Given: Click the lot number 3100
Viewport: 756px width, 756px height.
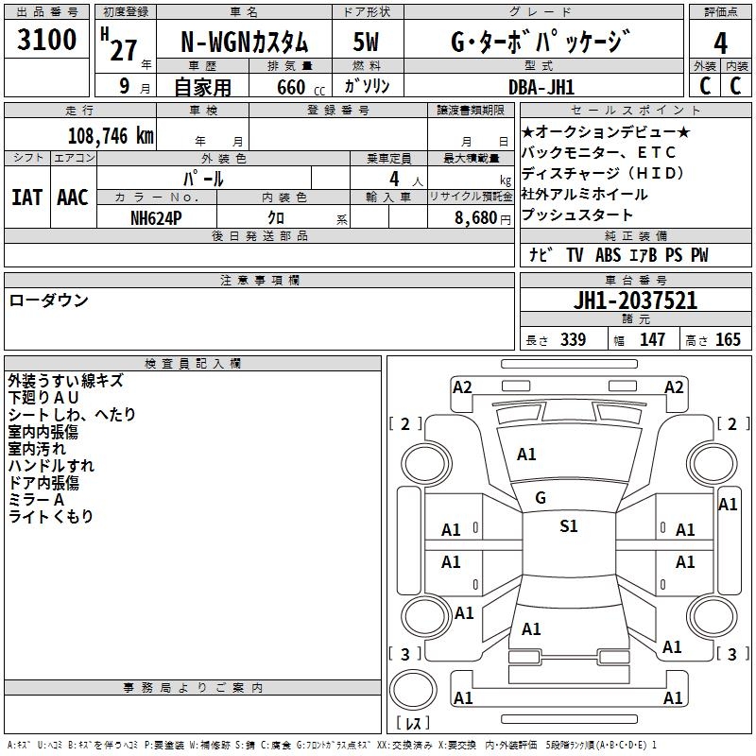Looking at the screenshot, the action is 46,40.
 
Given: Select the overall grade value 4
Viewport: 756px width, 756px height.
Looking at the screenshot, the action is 720,43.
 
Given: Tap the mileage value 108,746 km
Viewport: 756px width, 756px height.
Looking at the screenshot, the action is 111,136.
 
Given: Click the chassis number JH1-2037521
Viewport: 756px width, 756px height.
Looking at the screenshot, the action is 635,301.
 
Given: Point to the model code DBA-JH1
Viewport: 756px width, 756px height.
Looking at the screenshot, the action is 541,87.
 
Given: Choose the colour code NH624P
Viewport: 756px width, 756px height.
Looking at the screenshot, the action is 156,218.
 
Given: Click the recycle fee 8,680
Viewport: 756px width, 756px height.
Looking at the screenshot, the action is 476,218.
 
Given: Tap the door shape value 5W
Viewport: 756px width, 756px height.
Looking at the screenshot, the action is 366,42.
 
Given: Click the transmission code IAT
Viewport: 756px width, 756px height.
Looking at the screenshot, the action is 26,198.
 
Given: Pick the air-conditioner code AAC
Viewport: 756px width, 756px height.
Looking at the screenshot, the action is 73,198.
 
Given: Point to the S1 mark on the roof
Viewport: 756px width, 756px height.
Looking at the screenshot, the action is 569,525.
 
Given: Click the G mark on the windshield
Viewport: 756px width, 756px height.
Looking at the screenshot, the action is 541,498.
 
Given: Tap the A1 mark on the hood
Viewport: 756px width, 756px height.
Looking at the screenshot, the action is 526,455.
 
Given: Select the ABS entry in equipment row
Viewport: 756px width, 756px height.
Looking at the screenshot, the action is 608,255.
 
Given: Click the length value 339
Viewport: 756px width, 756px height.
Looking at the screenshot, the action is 574,339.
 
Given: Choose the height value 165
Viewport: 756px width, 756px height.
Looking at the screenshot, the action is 728,339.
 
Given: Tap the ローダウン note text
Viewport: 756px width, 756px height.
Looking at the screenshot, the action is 49,301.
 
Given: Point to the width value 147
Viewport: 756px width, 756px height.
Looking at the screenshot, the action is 652,339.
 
